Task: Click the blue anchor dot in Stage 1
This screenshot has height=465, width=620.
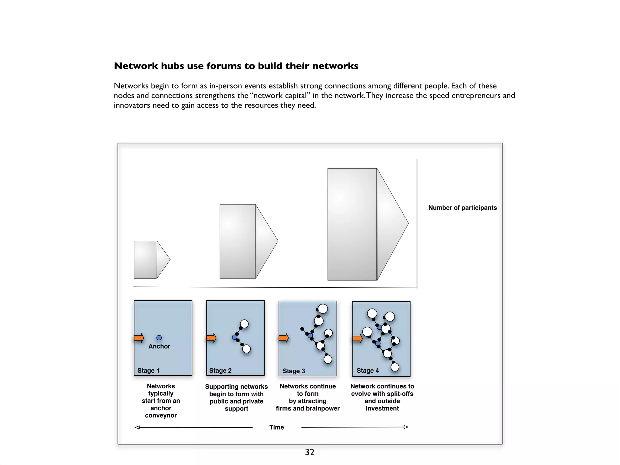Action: (159, 338)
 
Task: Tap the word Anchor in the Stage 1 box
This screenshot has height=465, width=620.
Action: (159, 346)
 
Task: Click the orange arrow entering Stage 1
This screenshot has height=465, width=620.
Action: (139, 338)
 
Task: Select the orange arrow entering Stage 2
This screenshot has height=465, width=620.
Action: (211, 338)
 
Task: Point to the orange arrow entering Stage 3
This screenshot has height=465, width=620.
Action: (284, 338)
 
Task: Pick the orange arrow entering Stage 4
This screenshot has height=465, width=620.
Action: (358, 338)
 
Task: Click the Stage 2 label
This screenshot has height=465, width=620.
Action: (220, 371)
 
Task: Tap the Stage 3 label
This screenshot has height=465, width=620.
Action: (294, 371)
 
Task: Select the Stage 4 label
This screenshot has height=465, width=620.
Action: (368, 371)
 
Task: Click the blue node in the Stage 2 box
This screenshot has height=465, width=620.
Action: (235, 337)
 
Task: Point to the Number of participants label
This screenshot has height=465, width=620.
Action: (462, 208)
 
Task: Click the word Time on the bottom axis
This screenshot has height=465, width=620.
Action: (277, 427)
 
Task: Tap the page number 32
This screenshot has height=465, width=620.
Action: (309, 452)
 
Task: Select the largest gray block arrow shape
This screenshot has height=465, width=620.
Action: (363, 224)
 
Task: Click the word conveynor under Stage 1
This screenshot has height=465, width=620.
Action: (161, 415)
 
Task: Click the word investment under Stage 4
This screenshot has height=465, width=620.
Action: (382, 408)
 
